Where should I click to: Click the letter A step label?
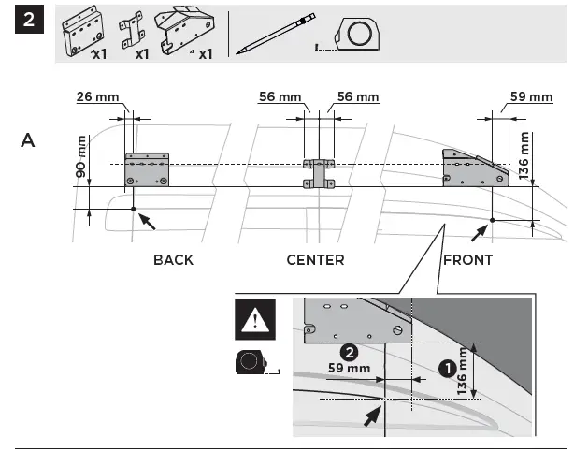[29, 141]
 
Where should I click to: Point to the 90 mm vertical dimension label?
[79, 157]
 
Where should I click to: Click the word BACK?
[173, 259]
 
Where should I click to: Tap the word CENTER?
[315, 259]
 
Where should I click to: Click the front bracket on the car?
[476, 171]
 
